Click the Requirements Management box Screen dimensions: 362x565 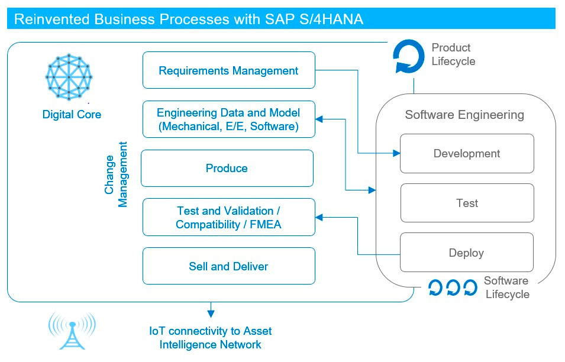click(228, 70)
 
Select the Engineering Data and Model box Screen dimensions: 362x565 click(228, 119)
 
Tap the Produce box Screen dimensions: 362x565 click(227, 168)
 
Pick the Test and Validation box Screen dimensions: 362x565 click(228, 218)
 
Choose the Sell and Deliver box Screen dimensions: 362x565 click(228, 266)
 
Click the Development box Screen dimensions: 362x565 click(467, 154)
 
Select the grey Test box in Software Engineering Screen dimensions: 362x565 click(467, 203)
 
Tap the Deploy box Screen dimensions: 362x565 click(467, 253)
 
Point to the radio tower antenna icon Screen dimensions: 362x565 click(72, 331)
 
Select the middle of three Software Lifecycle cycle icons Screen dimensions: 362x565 click(453, 288)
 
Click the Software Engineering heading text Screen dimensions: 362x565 click(464, 115)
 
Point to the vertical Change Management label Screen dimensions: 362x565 click(116, 174)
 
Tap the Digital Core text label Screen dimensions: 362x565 click(72, 115)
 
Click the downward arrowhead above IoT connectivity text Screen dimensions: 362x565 click(211, 313)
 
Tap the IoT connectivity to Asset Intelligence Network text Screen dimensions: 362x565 click(211, 338)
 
